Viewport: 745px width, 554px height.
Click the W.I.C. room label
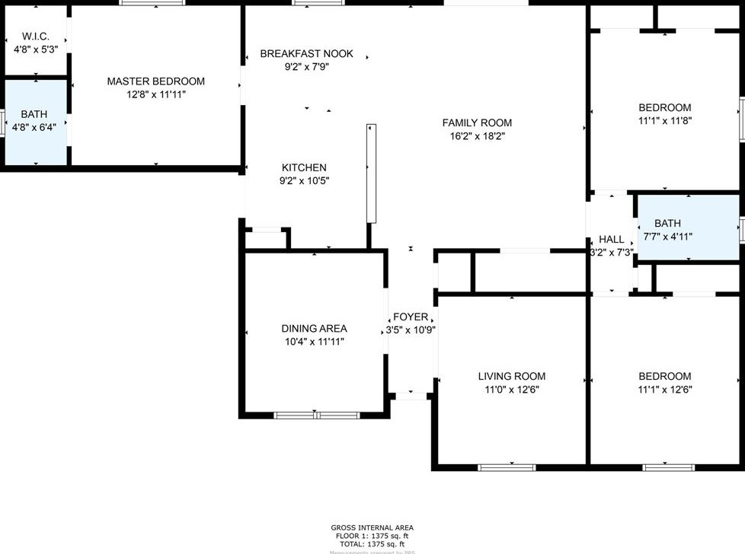click(36, 37)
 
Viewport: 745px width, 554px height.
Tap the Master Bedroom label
click(155, 81)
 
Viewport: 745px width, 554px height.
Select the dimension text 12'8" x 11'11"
click(155, 94)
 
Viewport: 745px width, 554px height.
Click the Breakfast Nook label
click(306, 53)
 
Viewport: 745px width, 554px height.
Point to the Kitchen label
click(304, 167)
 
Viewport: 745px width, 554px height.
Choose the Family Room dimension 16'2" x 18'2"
click(477, 136)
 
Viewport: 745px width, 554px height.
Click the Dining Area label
click(314, 329)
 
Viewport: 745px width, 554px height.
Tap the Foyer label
click(410, 317)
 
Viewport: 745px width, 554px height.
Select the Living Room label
click(511, 376)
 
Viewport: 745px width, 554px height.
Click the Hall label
click(611, 239)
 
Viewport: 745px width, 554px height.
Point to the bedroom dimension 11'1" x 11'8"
click(664, 120)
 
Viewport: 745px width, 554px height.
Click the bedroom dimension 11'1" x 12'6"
click(664, 390)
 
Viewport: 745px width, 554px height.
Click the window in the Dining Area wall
click(316, 415)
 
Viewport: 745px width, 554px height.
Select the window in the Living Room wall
click(507, 467)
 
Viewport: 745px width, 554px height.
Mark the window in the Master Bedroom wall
click(152, 3)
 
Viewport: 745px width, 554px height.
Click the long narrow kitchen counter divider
click(371, 173)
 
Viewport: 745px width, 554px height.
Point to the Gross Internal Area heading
click(372, 527)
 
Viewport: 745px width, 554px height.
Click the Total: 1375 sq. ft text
click(372, 544)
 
